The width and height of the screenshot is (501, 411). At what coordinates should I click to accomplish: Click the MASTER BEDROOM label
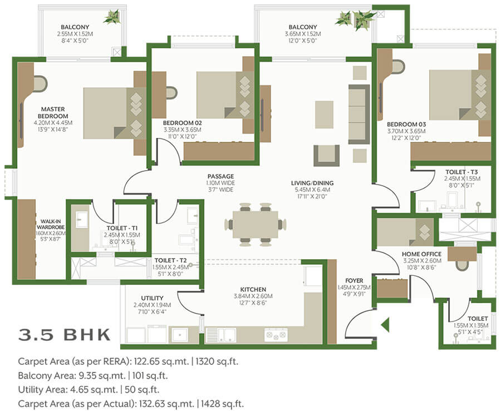coord(53,113)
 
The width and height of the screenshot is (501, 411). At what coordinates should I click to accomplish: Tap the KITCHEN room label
coord(253,289)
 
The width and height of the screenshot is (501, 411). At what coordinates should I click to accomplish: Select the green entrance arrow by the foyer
coord(385,325)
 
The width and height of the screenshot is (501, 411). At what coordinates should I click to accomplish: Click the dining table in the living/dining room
coord(256,224)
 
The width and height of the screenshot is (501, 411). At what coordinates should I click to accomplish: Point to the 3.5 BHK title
coord(65,335)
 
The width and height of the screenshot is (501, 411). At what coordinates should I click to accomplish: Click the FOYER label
coord(354,280)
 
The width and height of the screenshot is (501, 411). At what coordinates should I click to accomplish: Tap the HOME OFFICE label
coord(421,254)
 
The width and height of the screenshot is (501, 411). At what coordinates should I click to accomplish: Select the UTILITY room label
coord(152,298)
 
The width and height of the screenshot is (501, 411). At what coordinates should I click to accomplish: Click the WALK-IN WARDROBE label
coord(51,224)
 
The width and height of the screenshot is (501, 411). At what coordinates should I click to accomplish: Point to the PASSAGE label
coord(220,176)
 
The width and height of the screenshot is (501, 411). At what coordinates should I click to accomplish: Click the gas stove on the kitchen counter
coord(276,335)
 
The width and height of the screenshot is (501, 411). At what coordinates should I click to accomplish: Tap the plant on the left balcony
coord(112,17)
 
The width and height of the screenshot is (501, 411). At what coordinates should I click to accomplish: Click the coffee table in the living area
coord(324,115)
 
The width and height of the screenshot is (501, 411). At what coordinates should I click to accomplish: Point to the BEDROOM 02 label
coord(182,123)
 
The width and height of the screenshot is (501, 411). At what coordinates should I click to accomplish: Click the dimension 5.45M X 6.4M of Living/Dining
coord(312,190)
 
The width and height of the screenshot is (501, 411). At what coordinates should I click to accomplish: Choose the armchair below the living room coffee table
coord(326,155)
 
